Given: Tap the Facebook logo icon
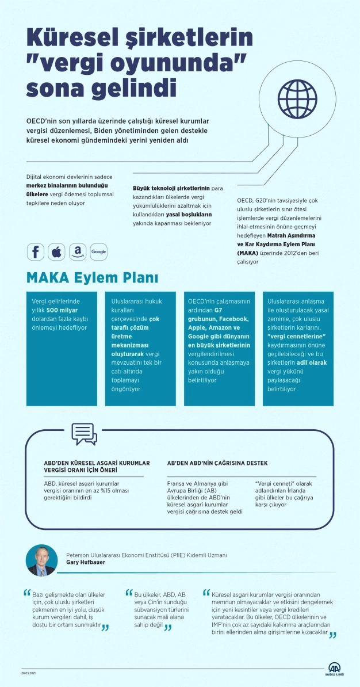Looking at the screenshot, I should (35, 251).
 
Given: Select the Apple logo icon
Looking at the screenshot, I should (56, 251).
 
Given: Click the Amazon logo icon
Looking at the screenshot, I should (77, 251).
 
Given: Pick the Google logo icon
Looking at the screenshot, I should (98, 251).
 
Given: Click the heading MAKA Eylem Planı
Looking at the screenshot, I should (92, 277).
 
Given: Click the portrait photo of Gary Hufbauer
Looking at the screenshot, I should (41, 560).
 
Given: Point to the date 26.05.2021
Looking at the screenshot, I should (30, 672).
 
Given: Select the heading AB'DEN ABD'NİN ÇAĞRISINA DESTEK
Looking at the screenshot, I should (217, 463).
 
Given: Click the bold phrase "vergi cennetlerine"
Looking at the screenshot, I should (297, 336).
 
